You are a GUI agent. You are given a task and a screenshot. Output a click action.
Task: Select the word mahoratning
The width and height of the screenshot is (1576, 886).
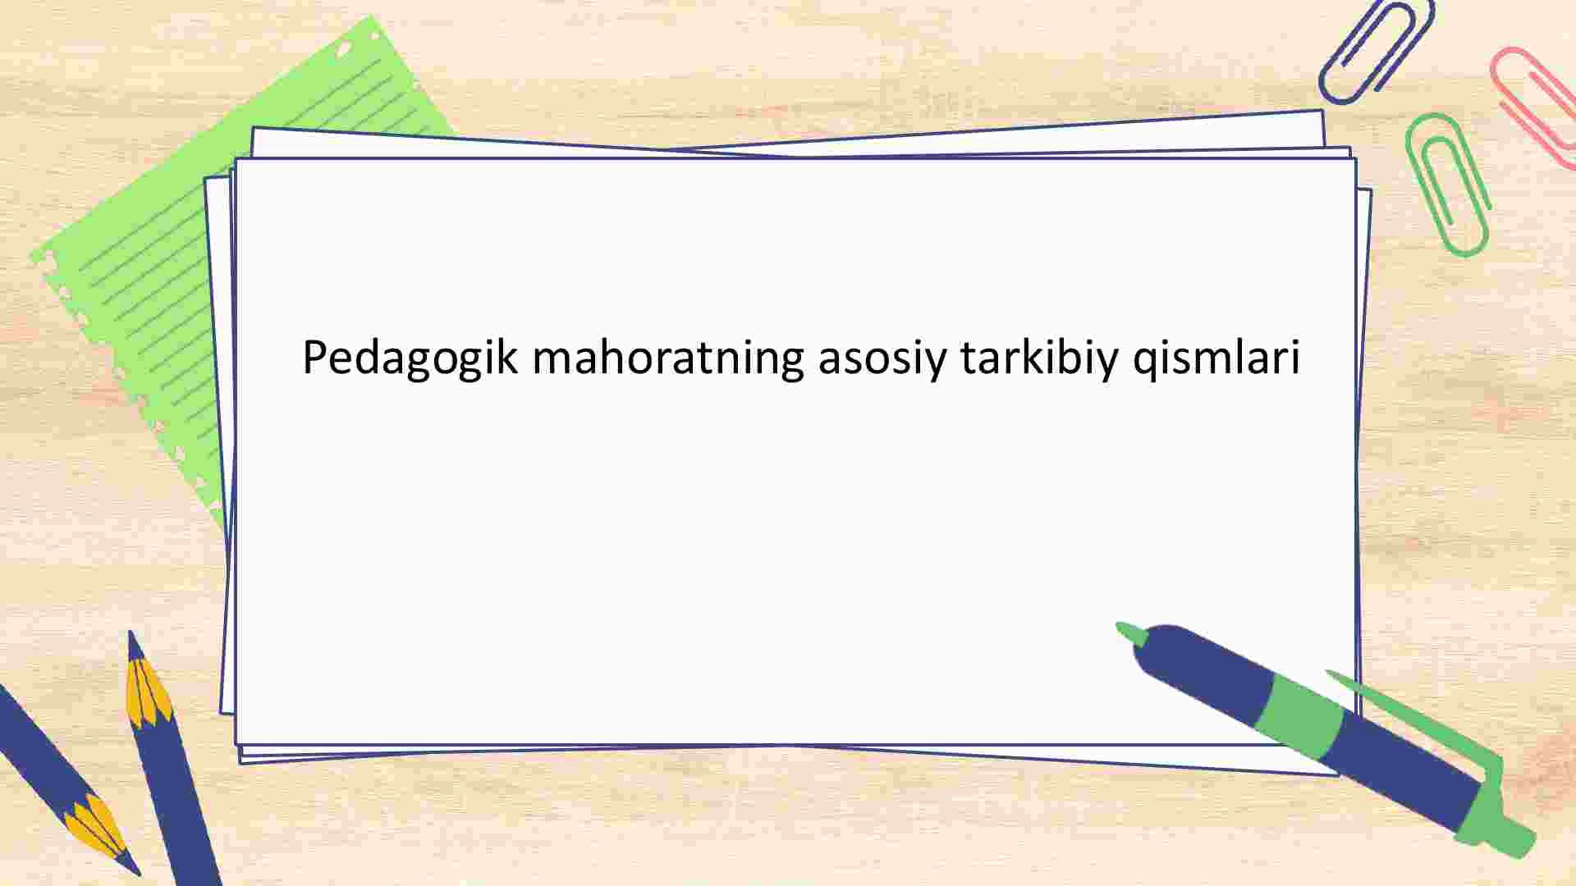coord(668,359)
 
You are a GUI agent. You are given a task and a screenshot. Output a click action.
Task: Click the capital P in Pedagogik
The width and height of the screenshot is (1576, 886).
coord(316,357)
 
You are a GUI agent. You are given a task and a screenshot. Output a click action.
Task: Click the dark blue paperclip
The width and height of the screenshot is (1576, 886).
coord(1375,51)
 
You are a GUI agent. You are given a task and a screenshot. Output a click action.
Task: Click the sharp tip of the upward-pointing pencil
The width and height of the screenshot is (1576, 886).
coord(131,633)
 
